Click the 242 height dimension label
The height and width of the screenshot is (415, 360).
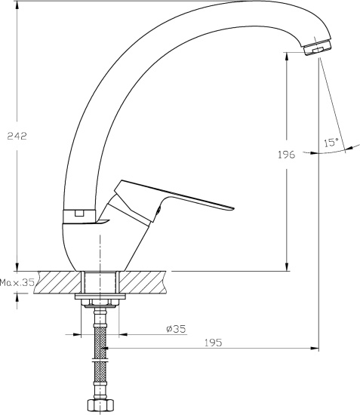pyautogui.click(x=17, y=136)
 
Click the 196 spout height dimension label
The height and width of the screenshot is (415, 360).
pyautogui.click(x=286, y=155)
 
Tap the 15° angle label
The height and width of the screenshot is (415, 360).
pyautogui.click(x=331, y=143)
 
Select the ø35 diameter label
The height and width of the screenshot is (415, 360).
pyautogui.click(x=176, y=329)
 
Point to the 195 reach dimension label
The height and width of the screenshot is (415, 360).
pyautogui.click(x=214, y=343)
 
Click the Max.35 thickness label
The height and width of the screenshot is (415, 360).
pyautogui.click(x=17, y=282)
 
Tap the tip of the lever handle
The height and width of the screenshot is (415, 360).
pyautogui.click(x=234, y=208)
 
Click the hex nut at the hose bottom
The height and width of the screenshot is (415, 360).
pyautogui.click(x=100, y=405)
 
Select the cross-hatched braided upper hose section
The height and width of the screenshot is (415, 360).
pyautogui.click(x=100, y=343)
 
